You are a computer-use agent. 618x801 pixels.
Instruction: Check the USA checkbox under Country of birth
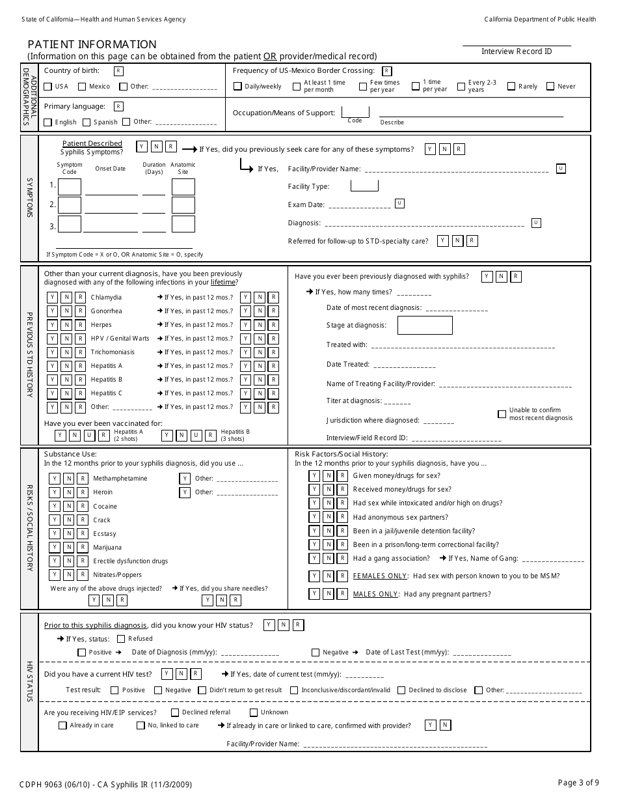[47, 87]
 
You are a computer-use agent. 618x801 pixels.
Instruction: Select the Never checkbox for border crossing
[550, 86]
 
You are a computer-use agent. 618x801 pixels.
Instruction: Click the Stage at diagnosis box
[425, 325]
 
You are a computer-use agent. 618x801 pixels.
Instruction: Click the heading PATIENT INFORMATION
[92, 44]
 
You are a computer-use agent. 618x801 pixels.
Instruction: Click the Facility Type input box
[364, 186]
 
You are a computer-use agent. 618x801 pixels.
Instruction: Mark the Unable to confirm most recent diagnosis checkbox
[502, 414]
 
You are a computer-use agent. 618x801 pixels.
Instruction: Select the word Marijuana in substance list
[107, 548]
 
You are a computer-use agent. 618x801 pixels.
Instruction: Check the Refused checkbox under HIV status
[121, 639]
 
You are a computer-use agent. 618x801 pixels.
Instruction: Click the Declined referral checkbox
[175, 712]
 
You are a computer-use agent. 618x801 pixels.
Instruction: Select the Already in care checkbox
[62, 725]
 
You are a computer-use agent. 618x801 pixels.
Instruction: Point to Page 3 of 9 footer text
[578, 783]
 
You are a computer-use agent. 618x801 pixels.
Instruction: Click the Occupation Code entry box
[355, 112]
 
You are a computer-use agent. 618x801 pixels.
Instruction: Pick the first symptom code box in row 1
[70, 187]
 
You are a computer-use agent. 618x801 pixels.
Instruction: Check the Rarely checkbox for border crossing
[511, 86]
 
